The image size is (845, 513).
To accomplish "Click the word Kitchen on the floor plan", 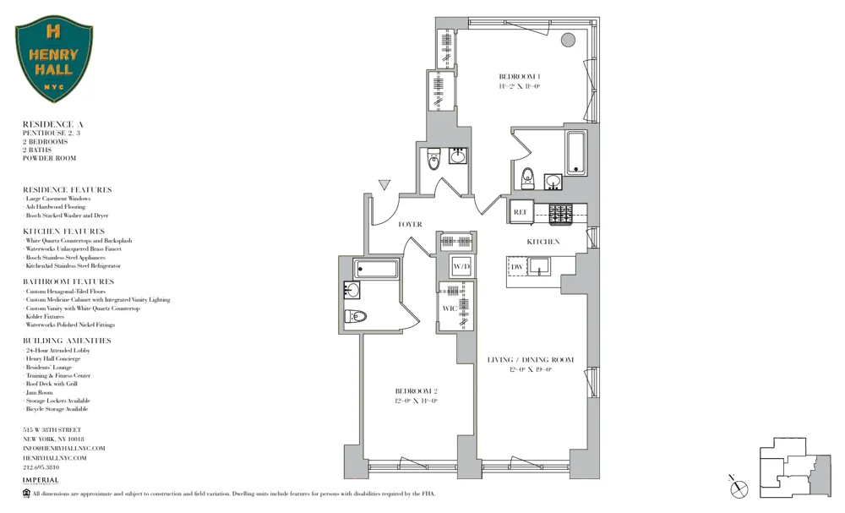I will pyautogui.click(x=543, y=242).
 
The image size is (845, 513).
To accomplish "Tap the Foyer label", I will pyautogui.click(x=410, y=224).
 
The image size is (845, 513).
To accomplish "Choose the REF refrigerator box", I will pyautogui.click(x=521, y=213).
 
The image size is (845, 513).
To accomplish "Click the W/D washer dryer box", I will pyautogui.click(x=461, y=268).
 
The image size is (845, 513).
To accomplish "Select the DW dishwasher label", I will pyautogui.click(x=517, y=267).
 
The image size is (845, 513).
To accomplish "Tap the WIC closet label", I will pyautogui.click(x=450, y=308).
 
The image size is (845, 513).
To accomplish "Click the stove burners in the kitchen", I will pyautogui.click(x=561, y=214).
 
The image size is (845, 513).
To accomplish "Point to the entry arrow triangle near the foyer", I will pyautogui.click(x=384, y=184).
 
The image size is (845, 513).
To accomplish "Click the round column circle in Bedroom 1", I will pyautogui.click(x=569, y=39).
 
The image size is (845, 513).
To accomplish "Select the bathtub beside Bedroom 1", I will pyautogui.click(x=577, y=152).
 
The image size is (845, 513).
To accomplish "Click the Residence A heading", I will pyautogui.click(x=52, y=124).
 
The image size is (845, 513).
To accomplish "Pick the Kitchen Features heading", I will pyautogui.click(x=63, y=231).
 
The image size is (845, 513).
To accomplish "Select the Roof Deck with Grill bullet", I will pyautogui.click(x=52, y=384).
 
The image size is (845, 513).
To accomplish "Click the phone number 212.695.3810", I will pyautogui.click(x=41, y=467).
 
